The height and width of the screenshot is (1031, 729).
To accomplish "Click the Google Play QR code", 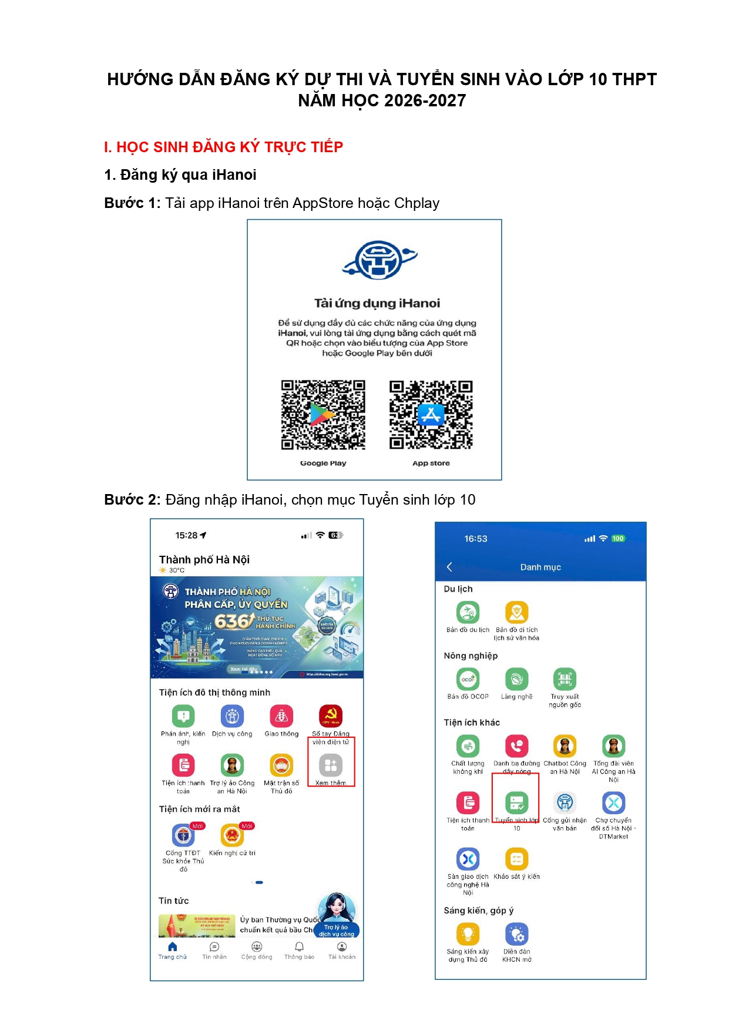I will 323,415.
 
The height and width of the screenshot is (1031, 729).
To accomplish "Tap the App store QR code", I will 431,415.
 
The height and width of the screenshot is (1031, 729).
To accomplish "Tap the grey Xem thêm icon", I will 331,765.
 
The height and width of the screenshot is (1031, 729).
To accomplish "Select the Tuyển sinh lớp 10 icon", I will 516,802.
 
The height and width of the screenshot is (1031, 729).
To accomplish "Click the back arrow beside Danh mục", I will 450,567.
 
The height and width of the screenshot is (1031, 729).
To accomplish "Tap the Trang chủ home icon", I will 172,946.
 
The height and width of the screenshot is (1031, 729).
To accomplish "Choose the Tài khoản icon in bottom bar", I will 342,946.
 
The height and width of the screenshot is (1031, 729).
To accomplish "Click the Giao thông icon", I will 281,716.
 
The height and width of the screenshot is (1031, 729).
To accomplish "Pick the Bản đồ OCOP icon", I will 468,679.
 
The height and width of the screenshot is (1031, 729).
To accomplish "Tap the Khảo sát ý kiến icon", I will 516,859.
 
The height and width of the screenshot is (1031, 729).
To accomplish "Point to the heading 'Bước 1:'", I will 132,203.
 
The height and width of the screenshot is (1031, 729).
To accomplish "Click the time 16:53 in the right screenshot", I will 476,539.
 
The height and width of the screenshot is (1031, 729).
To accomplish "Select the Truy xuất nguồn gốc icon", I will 565,679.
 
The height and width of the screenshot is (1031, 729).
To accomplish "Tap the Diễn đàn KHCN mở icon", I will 516,934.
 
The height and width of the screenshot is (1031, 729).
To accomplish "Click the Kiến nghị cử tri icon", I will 232,835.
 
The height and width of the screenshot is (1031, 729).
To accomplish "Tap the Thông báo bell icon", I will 299,946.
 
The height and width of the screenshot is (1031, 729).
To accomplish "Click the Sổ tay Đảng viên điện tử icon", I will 331,716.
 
